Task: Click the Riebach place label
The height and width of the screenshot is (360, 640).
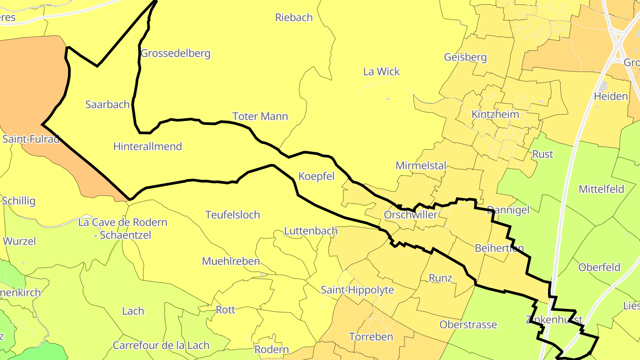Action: click(x=294, y=18)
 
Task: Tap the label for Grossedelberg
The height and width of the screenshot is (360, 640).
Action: click(x=175, y=54)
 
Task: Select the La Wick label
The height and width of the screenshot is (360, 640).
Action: click(x=381, y=72)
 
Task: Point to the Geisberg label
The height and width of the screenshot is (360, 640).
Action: click(x=465, y=57)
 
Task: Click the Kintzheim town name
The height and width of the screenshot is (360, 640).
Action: click(x=495, y=114)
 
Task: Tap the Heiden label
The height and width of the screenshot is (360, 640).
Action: click(x=611, y=96)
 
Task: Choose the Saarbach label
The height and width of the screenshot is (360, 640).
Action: click(x=107, y=104)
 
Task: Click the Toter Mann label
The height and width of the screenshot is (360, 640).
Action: click(x=260, y=116)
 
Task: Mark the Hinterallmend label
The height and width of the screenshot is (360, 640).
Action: click(x=148, y=146)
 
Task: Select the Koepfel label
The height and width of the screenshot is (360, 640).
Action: click(x=316, y=176)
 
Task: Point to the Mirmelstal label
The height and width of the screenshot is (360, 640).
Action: click(x=420, y=166)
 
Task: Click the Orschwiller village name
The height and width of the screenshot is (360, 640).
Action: click(x=410, y=215)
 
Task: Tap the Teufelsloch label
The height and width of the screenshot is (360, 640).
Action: click(x=232, y=215)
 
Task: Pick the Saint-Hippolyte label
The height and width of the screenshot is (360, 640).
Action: click(x=357, y=290)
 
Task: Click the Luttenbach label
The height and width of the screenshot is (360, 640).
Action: click(x=311, y=231)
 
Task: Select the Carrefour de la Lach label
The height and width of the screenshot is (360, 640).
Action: click(x=161, y=345)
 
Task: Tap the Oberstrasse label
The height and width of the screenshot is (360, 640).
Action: click(x=468, y=324)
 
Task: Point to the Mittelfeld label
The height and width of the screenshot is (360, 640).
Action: click(x=601, y=189)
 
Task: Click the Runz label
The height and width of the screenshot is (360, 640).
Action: click(x=440, y=278)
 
